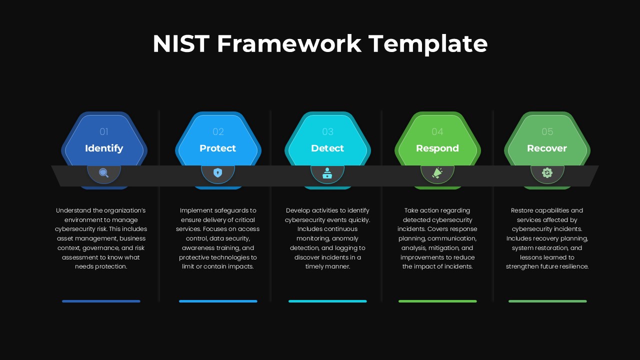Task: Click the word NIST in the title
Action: [180, 43]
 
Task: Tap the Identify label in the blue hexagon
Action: [104, 148]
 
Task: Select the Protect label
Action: [217, 148]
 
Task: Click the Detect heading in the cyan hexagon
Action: [327, 148]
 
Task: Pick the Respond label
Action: [437, 148]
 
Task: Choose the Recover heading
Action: [547, 148]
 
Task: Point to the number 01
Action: [104, 132]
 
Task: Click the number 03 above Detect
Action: [327, 132]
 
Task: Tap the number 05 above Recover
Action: [547, 132]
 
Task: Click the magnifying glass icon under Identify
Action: [103, 173]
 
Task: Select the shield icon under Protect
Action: [217, 173]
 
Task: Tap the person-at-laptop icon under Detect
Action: [327, 173]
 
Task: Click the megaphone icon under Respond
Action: [437, 173]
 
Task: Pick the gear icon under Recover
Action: [547, 173]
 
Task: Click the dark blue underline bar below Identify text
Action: [101, 301]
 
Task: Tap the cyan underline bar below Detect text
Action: [327, 301]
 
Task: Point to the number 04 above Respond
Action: [437, 132]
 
